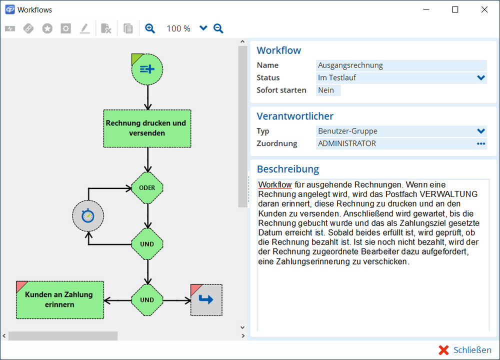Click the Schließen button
pos(465,350)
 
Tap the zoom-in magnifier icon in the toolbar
pos(150,28)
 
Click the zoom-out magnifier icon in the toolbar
pos(218,28)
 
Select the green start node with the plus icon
pos(147,69)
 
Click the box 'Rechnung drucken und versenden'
pos(147,128)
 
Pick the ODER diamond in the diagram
pos(147,188)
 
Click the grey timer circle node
pos(88,216)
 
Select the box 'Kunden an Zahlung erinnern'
pos(60,299)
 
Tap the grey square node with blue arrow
pos(206,300)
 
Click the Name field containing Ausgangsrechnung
pos(401,65)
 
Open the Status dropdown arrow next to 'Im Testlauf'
pos(481,78)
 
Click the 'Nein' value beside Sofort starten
pos(328,90)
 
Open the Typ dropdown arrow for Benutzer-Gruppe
pos(481,131)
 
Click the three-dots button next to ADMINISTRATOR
pos(481,144)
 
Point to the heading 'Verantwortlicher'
pos(295,116)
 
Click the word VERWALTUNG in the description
pos(448,194)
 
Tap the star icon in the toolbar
pos(47,28)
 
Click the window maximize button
pos(455,9)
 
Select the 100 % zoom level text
pos(178,28)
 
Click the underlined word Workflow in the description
pos(275,184)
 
